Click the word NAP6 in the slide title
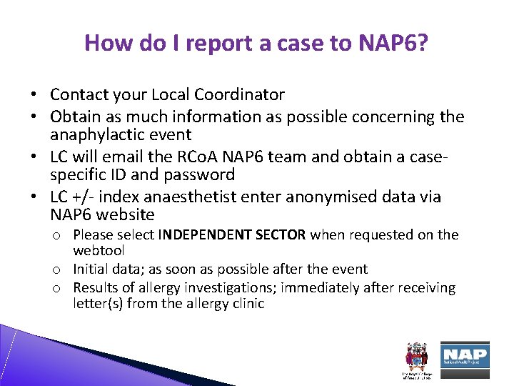coord(395,43)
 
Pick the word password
coord(196,175)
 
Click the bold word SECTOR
coord(284,234)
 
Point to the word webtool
coord(99,250)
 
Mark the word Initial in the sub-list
coord(92,269)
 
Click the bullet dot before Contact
coord(34,95)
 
